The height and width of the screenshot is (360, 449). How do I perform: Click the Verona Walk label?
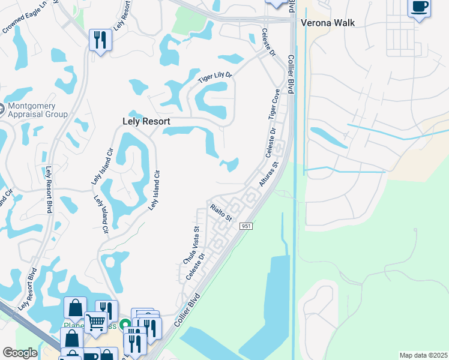328,23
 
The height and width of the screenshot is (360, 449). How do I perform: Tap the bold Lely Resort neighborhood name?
143,121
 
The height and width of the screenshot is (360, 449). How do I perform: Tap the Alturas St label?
270,173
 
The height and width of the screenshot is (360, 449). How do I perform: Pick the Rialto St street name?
221,212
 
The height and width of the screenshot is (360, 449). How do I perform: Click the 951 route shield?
246,226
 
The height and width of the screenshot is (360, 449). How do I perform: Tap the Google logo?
20,353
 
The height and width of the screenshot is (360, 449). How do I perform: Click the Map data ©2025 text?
423,355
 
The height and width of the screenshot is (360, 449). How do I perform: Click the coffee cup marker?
419,8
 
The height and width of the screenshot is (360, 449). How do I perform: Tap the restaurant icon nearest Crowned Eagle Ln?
100,40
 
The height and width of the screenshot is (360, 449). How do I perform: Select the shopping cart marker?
95,322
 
